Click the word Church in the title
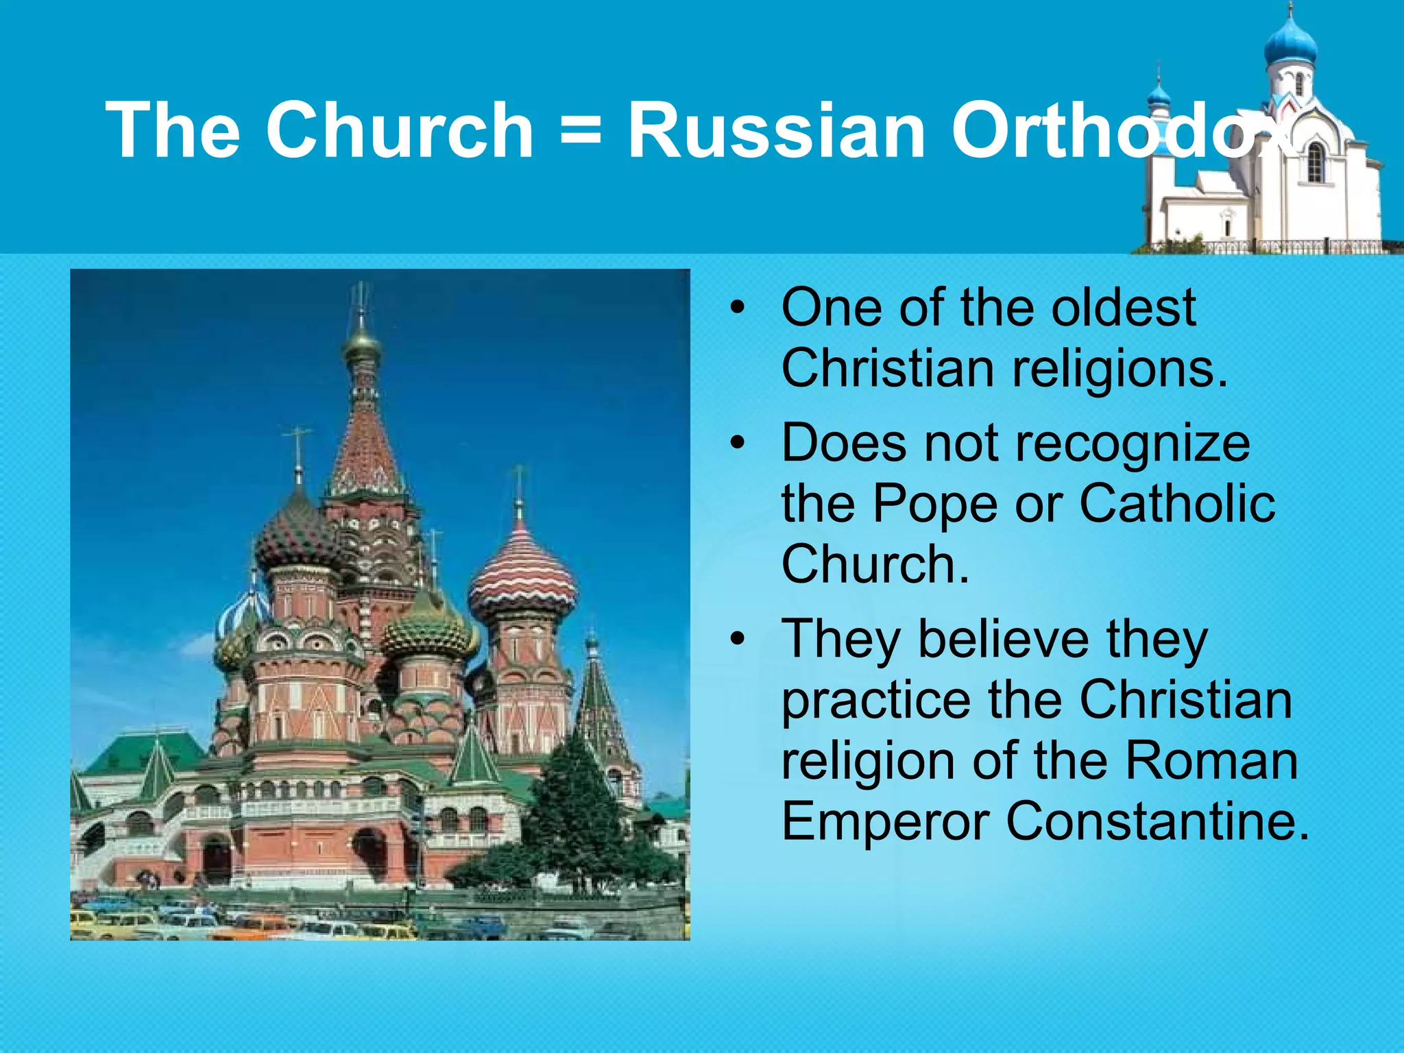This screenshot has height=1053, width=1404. coord(400,130)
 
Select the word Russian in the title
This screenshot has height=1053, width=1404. coord(776,130)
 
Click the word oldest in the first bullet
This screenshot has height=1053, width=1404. coord(1124,308)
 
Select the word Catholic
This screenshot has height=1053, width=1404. coord(1177,504)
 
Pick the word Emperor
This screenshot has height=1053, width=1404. coord(884,822)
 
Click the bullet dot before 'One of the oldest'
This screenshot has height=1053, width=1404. coord(737,308)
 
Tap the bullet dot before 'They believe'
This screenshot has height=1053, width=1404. coord(737,640)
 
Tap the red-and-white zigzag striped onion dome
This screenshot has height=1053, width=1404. coord(522,575)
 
